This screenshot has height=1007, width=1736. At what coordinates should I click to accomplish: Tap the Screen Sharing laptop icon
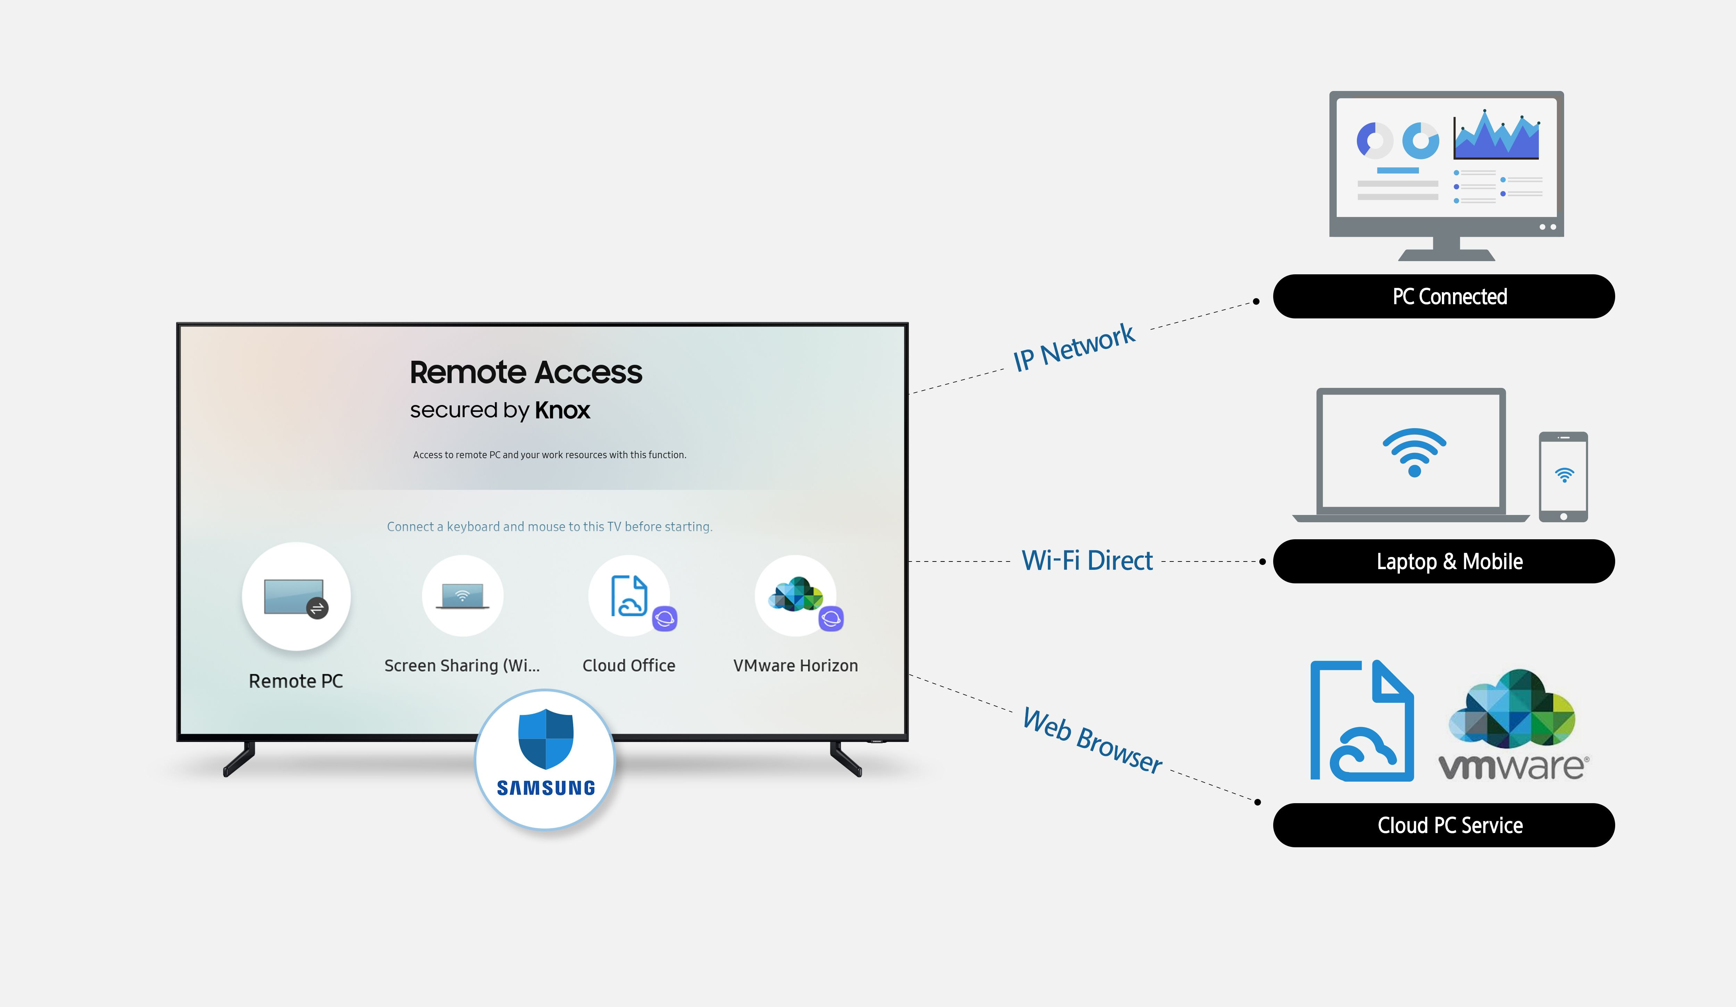tap(462, 597)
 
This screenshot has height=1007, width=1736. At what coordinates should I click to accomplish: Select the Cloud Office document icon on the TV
tap(628, 595)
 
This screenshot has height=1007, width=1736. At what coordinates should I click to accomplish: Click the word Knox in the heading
tap(562, 410)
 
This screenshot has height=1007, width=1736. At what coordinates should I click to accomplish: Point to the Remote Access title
tap(526, 373)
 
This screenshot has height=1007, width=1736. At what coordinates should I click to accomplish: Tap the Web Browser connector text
tap(1092, 740)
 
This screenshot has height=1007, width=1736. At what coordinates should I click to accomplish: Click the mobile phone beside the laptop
tap(1563, 477)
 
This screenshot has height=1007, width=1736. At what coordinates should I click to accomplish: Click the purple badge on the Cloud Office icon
tap(665, 618)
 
